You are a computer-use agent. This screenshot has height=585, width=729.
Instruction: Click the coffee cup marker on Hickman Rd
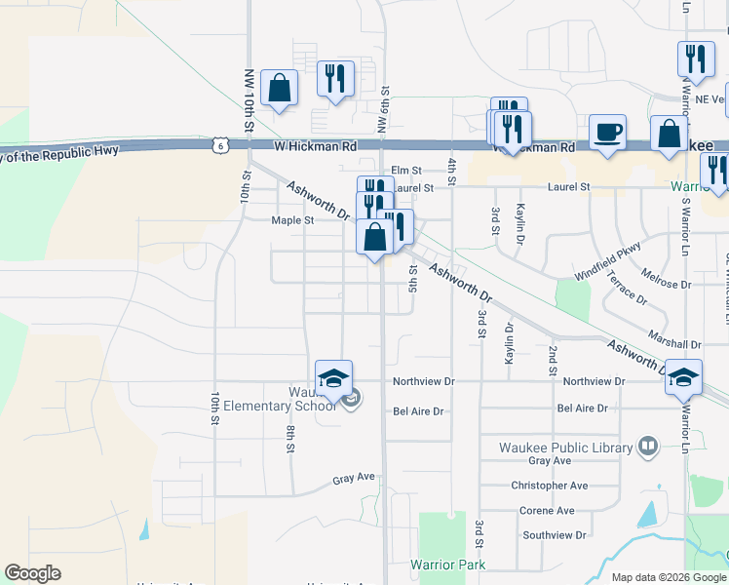coord(607,133)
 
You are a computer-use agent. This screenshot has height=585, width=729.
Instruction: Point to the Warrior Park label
coord(447,565)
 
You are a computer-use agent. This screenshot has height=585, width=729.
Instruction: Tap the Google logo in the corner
coord(32,573)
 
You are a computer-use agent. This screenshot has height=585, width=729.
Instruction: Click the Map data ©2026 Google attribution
coord(669,577)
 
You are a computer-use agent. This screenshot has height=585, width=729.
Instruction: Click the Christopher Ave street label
coord(549,486)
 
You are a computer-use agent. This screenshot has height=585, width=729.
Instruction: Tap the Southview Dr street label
coord(553,535)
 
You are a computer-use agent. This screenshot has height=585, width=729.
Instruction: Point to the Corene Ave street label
coord(547,511)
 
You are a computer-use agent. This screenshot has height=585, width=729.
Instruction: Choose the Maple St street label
coord(292,220)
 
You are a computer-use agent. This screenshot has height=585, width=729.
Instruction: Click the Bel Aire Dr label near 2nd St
coord(582,409)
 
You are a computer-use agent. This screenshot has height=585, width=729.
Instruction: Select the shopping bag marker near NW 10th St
coord(279,88)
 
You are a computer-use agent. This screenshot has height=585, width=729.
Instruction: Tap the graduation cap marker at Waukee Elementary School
coord(333,378)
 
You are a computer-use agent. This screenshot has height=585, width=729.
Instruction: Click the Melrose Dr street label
coord(666,285)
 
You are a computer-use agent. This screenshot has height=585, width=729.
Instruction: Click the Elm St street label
coord(405,170)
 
